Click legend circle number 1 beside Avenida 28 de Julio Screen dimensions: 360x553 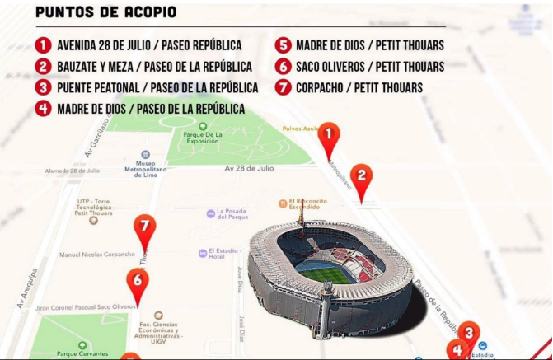click(x=43, y=44)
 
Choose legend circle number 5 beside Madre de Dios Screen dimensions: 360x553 click(x=283, y=44)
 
